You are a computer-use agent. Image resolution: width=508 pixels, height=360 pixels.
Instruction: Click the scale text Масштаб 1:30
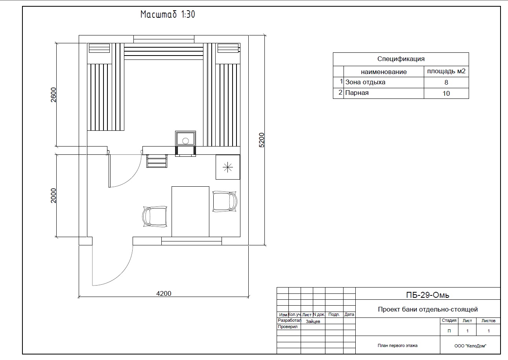[168, 14]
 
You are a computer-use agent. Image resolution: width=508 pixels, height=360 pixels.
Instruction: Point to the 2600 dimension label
[53, 95]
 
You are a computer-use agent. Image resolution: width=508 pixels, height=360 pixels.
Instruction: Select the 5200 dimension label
[262, 140]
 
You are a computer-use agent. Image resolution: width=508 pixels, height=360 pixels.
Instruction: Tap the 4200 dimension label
[164, 293]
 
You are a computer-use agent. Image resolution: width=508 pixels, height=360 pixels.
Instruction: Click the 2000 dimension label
[53, 196]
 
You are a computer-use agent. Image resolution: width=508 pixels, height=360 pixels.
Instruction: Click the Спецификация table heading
[401, 59]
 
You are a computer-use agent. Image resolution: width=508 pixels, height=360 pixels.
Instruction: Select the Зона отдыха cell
[365, 82]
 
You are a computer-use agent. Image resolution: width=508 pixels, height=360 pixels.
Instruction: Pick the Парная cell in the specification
[357, 93]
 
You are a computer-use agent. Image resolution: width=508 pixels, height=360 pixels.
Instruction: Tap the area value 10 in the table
[446, 93]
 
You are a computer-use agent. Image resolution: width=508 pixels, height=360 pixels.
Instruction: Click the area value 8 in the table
[446, 82]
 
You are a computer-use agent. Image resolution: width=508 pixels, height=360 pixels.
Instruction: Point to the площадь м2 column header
[446, 71]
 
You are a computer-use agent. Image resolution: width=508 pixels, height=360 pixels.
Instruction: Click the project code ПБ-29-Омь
[427, 295]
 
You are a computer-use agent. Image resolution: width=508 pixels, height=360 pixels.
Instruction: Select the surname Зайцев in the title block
[313, 321]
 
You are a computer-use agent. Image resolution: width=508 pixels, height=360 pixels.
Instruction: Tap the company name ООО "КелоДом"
[470, 346]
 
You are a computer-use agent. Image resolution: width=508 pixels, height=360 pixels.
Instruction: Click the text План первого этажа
[397, 345]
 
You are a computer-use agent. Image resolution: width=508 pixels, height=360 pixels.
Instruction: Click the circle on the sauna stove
[185, 141]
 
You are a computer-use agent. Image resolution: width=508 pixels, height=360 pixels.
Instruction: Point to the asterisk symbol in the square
[228, 167]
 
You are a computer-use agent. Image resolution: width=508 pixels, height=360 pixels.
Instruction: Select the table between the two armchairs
[190, 212]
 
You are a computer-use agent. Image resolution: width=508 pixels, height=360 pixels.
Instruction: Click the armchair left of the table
[155, 217]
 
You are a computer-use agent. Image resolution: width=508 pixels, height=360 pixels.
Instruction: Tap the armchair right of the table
[225, 202]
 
